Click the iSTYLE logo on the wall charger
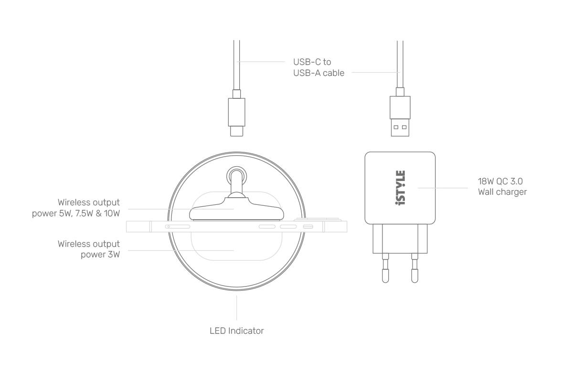coord(400,188)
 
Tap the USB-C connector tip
coord(237,131)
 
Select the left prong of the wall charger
coord(385,268)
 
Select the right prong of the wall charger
coord(414,268)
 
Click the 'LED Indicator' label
coord(237,331)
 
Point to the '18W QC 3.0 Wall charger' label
coord(502,187)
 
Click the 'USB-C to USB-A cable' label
coord(319,67)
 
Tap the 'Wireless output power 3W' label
coord(88,249)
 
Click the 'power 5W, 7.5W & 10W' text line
coord(76,213)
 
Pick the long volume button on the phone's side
coord(178,227)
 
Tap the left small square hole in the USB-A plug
coord(396,127)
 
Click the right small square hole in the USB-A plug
coord(404,127)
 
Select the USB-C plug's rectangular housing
coord(237,112)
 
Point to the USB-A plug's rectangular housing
coord(400,107)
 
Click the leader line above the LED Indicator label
coord(237,308)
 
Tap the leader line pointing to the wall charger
coord(443,188)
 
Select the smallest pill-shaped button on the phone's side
coord(308,227)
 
